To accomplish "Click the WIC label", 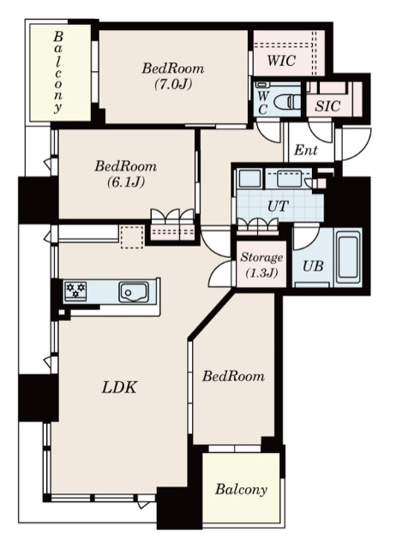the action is [281, 61].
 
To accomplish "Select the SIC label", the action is [327, 106].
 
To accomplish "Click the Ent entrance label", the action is [306, 150].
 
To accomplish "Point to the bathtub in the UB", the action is [348, 257].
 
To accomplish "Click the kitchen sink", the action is [134, 292].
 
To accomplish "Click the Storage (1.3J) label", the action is [261, 265].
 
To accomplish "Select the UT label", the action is [278, 206].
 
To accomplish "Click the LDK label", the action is [120, 387].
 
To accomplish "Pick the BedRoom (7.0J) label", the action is [173, 75].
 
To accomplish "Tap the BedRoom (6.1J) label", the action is [126, 174].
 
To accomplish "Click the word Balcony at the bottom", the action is [241, 490].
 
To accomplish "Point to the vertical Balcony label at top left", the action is [58, 72].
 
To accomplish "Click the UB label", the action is [313, 266].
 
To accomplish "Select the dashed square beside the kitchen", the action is [132, 237].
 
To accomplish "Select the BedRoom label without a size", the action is [233, 376].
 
